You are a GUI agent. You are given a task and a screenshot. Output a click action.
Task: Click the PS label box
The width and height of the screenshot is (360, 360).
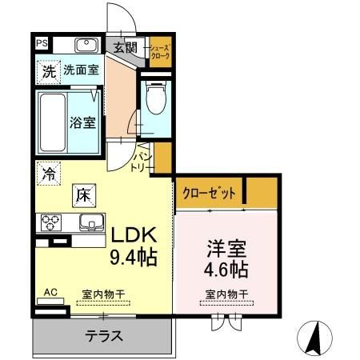[x=42, y=43]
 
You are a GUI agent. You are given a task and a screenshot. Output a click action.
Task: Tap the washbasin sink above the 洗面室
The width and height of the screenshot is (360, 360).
[x=86, y=45]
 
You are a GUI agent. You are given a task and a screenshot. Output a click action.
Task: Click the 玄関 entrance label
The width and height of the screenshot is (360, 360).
[x=126, y=48]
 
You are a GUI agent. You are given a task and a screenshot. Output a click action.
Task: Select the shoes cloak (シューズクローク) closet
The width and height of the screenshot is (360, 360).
[x=160, y=52]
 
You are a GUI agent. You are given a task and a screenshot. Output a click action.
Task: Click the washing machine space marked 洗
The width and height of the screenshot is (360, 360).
[x=49, y=72]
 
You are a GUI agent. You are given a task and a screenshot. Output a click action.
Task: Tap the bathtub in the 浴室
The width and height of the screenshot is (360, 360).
[x=53, y=122]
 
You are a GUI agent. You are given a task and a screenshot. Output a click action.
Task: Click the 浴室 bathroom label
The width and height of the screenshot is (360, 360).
[x=82, y=122]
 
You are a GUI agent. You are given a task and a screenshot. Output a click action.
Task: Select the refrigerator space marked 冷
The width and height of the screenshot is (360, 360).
[x=49, y=174]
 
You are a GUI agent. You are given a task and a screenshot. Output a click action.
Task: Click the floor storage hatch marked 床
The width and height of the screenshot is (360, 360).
[x=84, y=196]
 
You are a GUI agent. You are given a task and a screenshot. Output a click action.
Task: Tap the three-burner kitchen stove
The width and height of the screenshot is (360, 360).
[x=50, y=222]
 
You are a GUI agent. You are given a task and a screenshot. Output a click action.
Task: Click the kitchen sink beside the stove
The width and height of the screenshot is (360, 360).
[x=91, y=222]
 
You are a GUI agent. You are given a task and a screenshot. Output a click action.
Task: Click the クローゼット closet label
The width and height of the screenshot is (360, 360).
[x=210, y=193]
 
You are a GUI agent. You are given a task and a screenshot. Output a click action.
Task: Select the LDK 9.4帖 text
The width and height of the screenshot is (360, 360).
[x=134, y=246]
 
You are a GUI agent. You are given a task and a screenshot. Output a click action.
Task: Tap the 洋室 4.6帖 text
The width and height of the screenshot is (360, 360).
[x=226, y=259]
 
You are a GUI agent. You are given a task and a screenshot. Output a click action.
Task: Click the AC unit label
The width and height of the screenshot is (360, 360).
[x=50, y=292]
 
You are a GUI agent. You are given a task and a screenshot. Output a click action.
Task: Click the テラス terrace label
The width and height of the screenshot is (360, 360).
[x=104, y=336]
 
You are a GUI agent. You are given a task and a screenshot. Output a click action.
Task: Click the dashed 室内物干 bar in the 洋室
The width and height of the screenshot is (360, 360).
[x=226, y=303]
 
